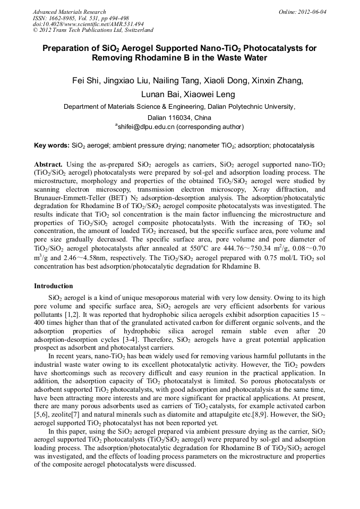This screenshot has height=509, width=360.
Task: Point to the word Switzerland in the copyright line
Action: click(x=136, y=30)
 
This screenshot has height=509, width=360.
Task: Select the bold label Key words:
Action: click(x=52, y=145)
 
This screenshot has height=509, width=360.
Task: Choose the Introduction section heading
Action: click(x=53, y=286)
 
